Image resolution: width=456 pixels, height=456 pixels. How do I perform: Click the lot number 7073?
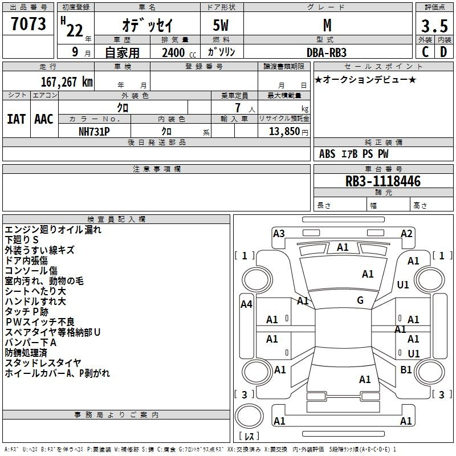[x=28, y=23]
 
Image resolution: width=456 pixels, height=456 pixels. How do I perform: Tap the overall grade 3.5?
[x=434, y=26]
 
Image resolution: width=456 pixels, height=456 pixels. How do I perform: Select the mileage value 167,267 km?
[x=67, y=82]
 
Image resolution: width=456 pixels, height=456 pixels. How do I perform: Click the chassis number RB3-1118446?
[x=382, y=181]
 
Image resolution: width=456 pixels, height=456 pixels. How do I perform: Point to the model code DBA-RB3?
[x=327, y=52]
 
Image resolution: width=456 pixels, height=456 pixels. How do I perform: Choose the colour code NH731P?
[x=94, y=132]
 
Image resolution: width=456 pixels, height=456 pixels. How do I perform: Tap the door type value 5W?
[x=221, y=25]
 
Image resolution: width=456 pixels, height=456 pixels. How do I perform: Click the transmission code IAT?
[x=17, y=119]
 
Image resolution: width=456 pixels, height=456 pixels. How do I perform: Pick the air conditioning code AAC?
[x=44, y=119]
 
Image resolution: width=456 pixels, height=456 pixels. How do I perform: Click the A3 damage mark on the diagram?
[x=279, y=234]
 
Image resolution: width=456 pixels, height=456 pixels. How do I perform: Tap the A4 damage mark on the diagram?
[x=246, y=304]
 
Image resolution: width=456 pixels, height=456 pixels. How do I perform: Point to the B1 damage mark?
[x=406, y=370]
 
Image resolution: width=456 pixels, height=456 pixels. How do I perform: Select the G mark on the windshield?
[x=360, y=300]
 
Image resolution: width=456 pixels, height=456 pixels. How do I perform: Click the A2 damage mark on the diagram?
[x=406, y=234]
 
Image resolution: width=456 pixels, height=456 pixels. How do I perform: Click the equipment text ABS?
[x=327, y=154]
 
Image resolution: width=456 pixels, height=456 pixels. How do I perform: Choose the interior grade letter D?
[x=443, y=52]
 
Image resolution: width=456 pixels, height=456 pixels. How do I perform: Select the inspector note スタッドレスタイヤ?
[x=43, y=363]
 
